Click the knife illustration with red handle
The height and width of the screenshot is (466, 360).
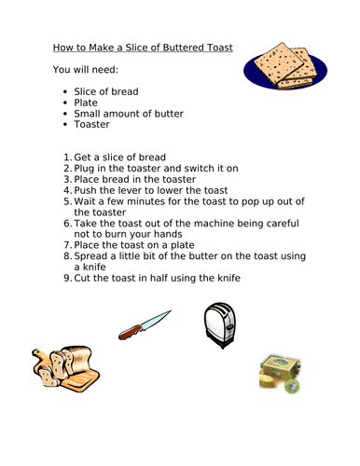click(145, 322)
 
